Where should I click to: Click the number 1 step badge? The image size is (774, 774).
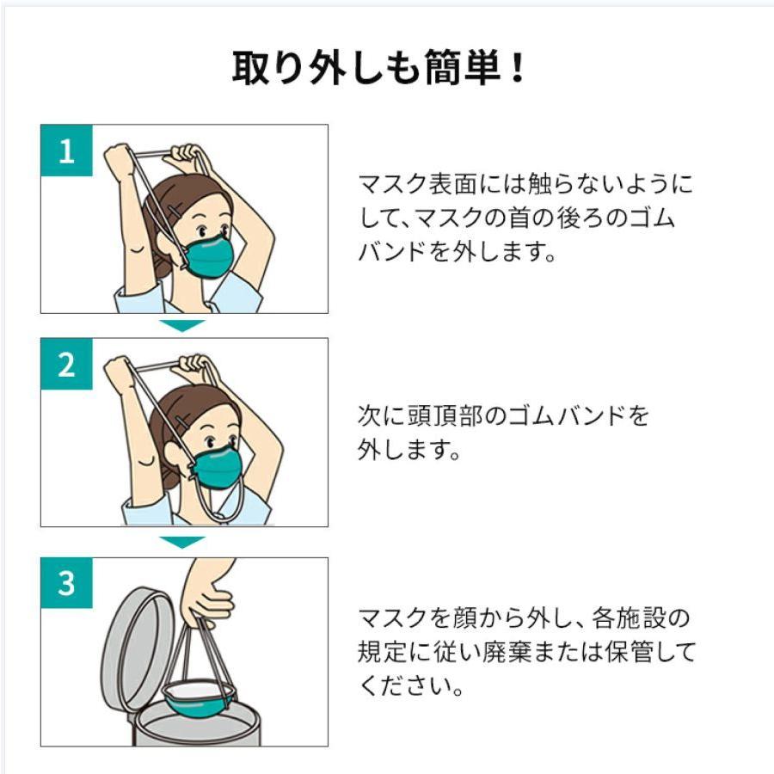coord(66,150)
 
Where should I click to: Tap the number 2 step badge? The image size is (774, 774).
coord(66,365)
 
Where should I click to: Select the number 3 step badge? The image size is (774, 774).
coord(66,583)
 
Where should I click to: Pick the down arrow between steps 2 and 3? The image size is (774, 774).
coord(182,543)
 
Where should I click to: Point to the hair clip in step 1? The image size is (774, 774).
coord(175,212)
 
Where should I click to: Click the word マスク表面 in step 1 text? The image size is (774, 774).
coord(418,184)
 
